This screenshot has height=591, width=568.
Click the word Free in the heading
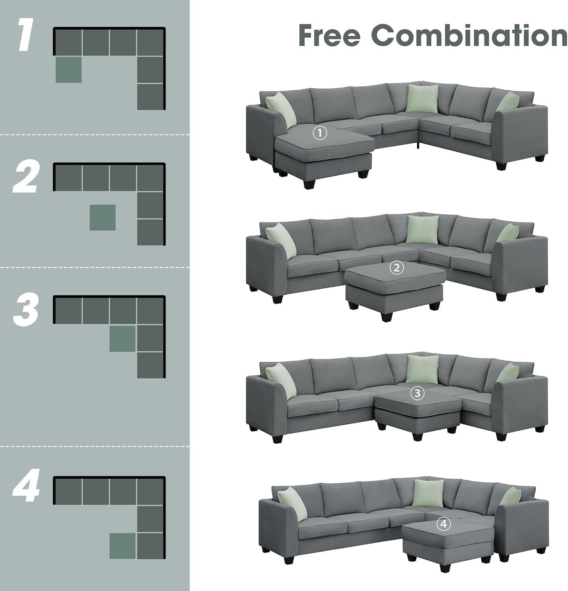pos(330,35)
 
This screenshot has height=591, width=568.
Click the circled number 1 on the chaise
pos(320,133)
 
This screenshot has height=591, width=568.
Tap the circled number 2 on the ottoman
pos(396,268)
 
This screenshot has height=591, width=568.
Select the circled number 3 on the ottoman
pos(418,393)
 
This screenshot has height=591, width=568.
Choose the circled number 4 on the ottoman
pos(444,524)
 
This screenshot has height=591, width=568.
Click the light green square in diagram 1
pos(69,70)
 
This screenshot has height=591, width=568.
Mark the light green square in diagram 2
pos(102,217)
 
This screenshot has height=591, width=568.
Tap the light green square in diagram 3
pos(123,338)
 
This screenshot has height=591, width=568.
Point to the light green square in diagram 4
pos(123,545)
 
